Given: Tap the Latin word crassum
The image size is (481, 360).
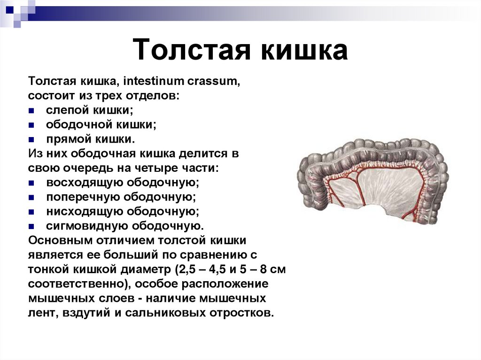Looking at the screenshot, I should tap(214, 82).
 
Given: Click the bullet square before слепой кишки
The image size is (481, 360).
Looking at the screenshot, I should tap(31, 111).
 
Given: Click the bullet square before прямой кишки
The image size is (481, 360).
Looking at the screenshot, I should tap(31, 140).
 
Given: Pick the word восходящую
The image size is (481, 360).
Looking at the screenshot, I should tap(85, 183).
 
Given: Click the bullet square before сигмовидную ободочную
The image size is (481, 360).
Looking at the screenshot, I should tap(31, 226).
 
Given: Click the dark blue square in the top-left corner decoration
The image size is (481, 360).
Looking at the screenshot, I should tap(9, 8).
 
